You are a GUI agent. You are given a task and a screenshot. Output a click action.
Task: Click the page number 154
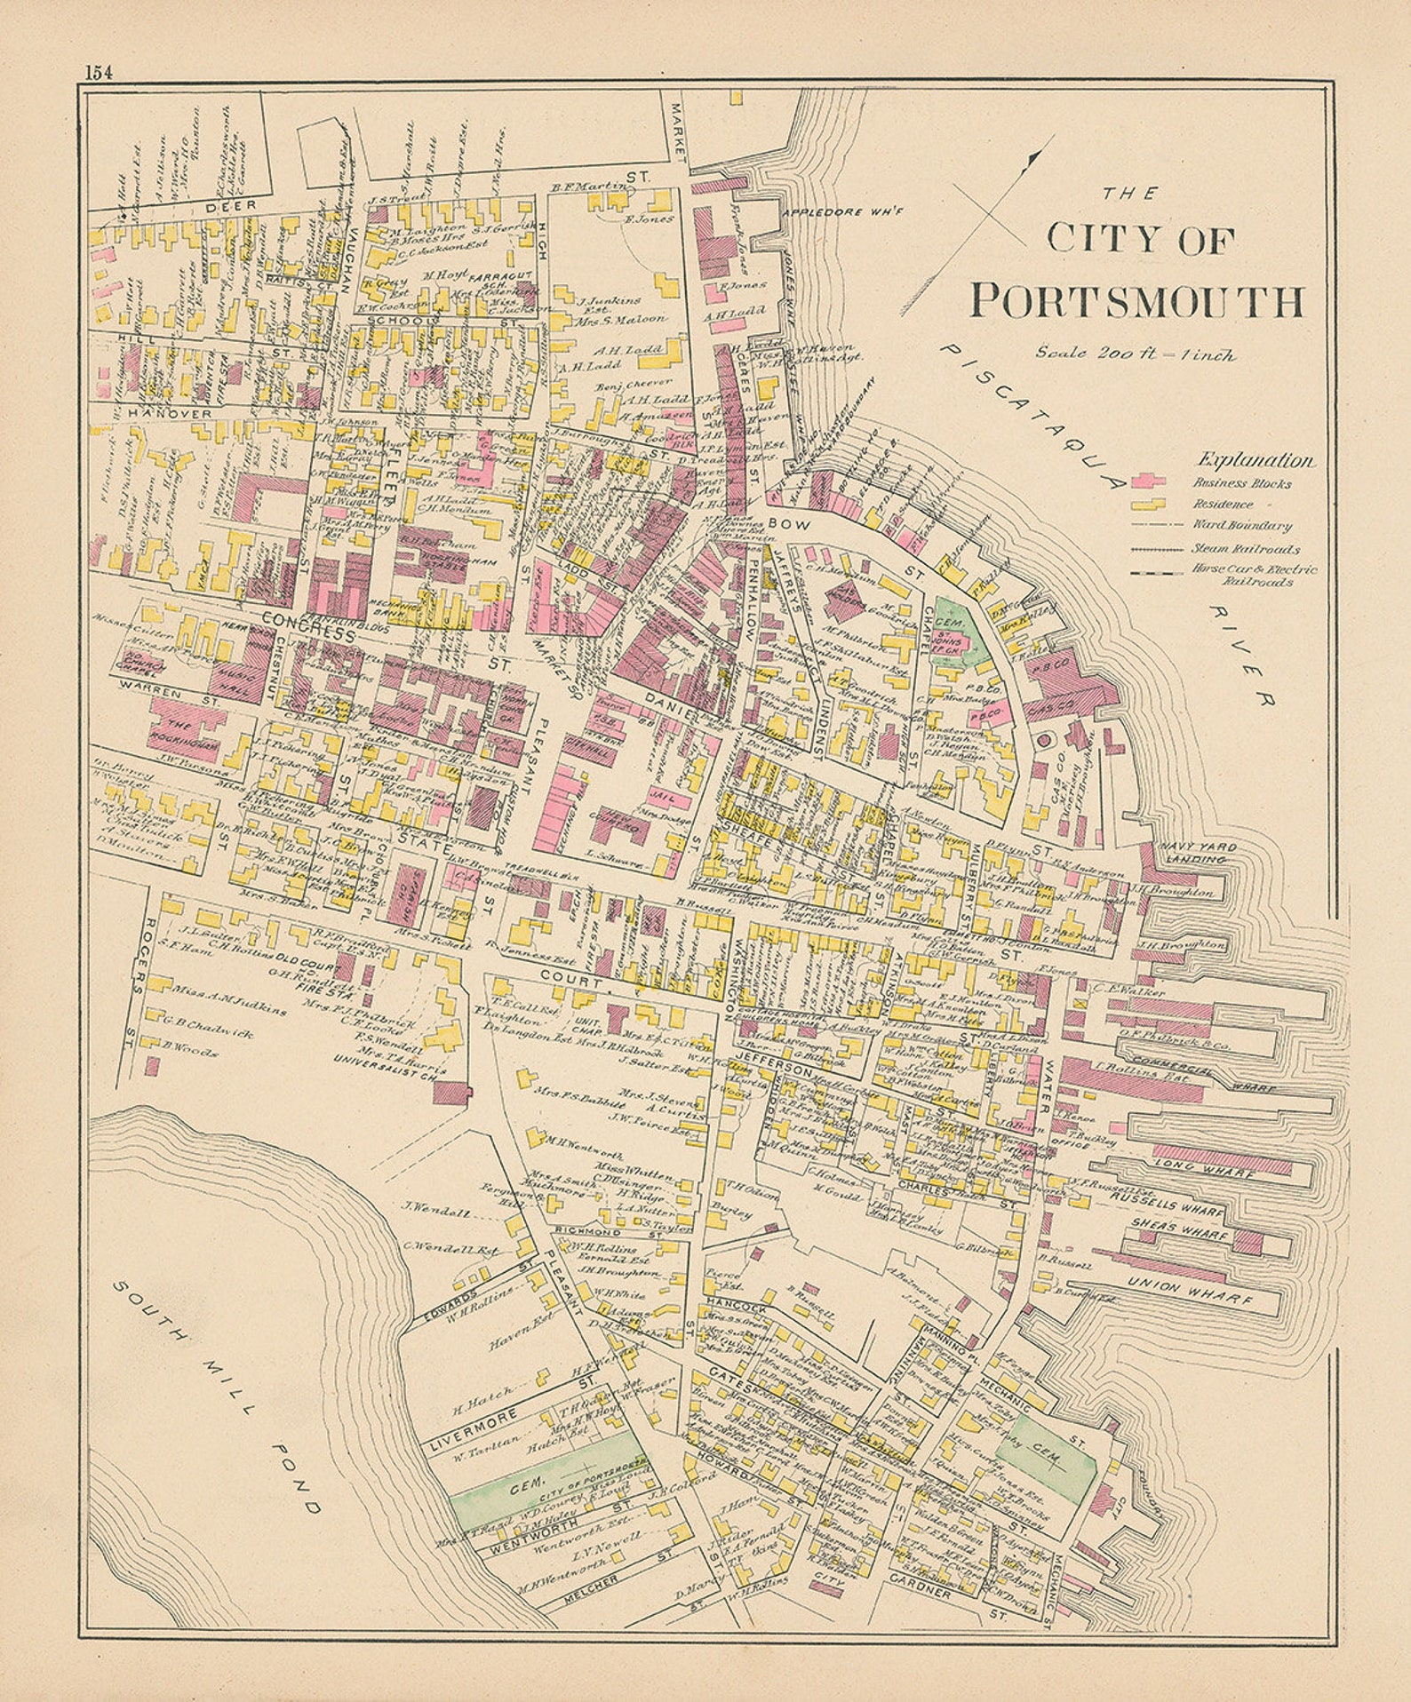click(x=99, y=74)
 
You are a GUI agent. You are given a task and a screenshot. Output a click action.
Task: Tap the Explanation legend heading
click(x=1256, y=460)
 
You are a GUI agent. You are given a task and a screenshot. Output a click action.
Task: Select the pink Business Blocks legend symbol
click(x=1148, y=481)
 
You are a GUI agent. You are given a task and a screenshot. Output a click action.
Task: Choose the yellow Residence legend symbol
click(x=1148, y=504)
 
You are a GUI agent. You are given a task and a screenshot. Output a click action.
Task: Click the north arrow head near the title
click(x=1032, y=158)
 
